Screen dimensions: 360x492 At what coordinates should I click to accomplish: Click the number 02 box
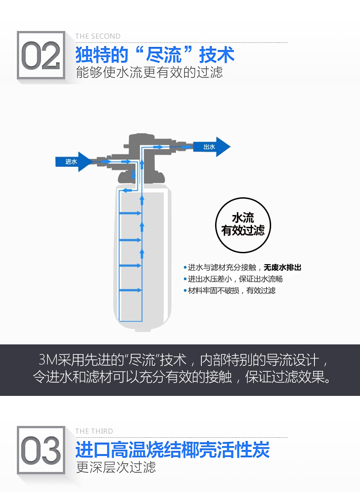pos(41,55)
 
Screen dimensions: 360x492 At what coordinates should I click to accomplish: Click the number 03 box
pos(41,450)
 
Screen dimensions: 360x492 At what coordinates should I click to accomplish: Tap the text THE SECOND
pos(98,36)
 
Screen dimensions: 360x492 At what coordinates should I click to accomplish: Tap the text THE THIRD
pos(94,431)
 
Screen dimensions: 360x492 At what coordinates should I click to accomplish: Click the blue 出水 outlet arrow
pos(211,147)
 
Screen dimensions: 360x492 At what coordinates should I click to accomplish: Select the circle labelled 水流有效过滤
pos(243,225)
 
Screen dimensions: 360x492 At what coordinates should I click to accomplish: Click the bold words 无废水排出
pos(283,268)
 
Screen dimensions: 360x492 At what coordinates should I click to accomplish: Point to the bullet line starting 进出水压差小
pos(233,279)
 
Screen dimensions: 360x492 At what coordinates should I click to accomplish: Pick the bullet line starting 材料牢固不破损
pos(229,291)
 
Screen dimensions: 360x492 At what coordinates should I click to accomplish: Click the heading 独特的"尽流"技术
pos(155,55)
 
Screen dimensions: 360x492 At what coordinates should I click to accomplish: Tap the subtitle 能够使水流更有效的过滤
pos(149,72)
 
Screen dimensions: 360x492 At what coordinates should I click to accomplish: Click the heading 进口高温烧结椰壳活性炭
pos(172,450)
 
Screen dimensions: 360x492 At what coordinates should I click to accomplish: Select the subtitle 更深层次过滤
pos(116,467)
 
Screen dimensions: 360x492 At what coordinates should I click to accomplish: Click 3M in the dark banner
pos(48,360)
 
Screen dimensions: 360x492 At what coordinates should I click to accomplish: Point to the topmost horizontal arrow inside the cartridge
pos(130,213)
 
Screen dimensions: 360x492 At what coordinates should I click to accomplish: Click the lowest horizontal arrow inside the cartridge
pos(130,290)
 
